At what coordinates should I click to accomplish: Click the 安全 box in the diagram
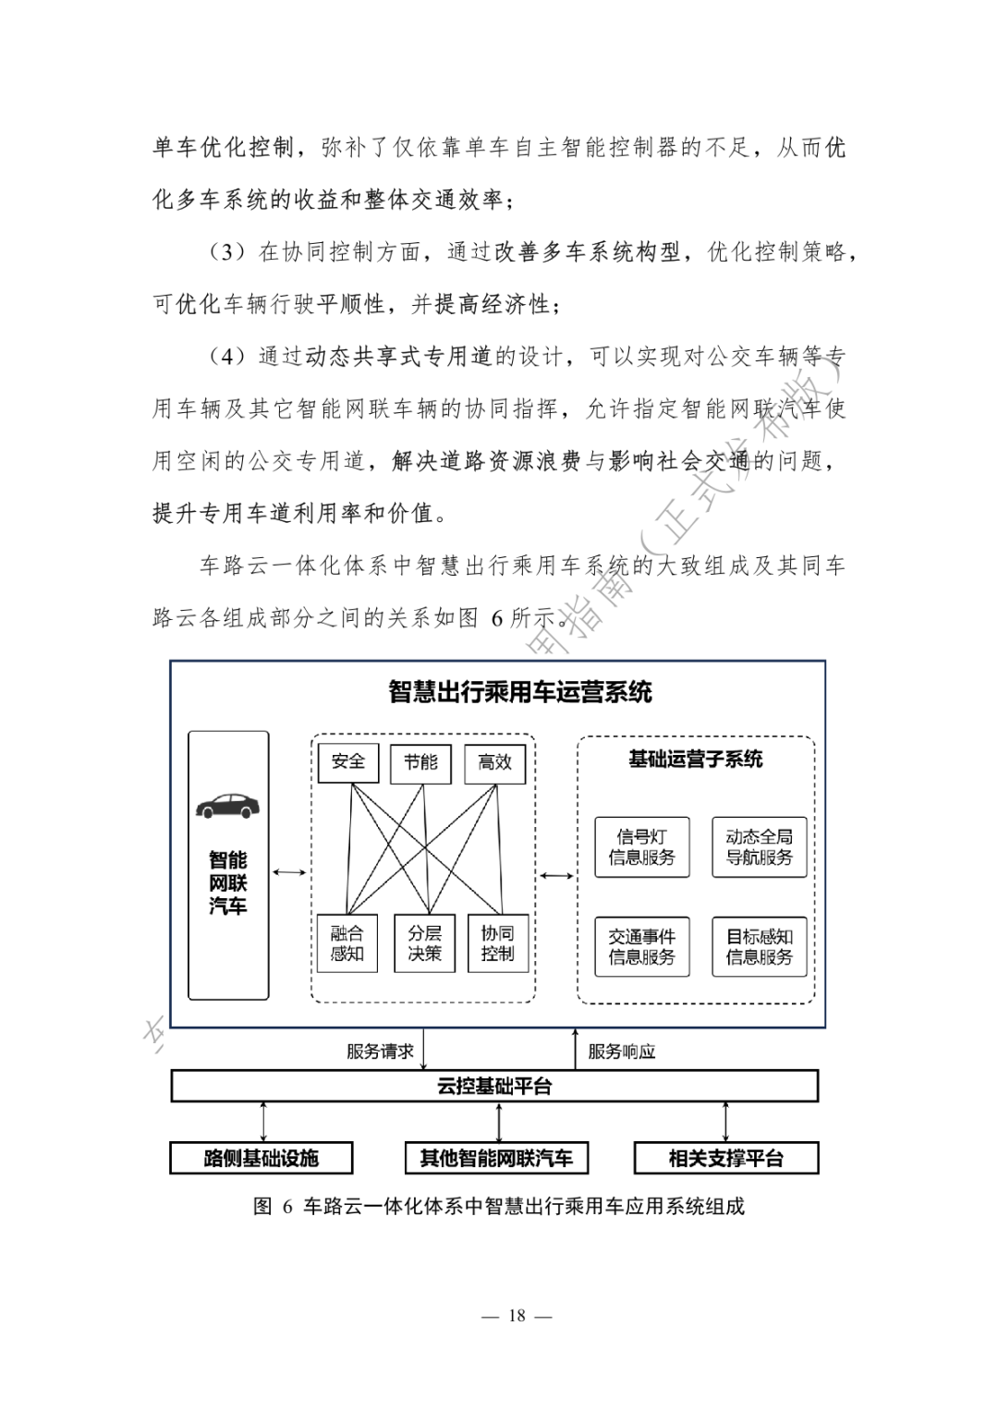point(348,762)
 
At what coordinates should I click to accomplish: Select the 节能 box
point(420,762)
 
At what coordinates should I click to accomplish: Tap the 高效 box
point(494,762)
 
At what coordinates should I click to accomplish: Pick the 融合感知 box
point(347,943)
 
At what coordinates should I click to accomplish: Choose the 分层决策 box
point(425,943)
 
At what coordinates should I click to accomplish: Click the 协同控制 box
point(497,943)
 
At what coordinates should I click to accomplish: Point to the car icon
point(227,805)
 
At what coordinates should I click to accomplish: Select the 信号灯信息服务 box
point(641,847)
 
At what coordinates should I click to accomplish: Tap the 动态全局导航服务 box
point(759,847)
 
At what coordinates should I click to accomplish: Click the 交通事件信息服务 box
point(641,947)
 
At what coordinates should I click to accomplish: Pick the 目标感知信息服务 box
point(759,947)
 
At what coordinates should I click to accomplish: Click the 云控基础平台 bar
point(494,1087)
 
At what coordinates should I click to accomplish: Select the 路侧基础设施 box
point(262,1158)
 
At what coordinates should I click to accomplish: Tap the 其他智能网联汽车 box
point(496,1158)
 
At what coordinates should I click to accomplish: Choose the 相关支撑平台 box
point(726,1158)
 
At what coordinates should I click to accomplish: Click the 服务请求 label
point(380,1052)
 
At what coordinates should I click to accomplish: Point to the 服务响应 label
point(622,1052)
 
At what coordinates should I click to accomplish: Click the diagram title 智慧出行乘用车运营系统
point(520,692)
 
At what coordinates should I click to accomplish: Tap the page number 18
point(517,1316)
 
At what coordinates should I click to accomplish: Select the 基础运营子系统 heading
point(696,760)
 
